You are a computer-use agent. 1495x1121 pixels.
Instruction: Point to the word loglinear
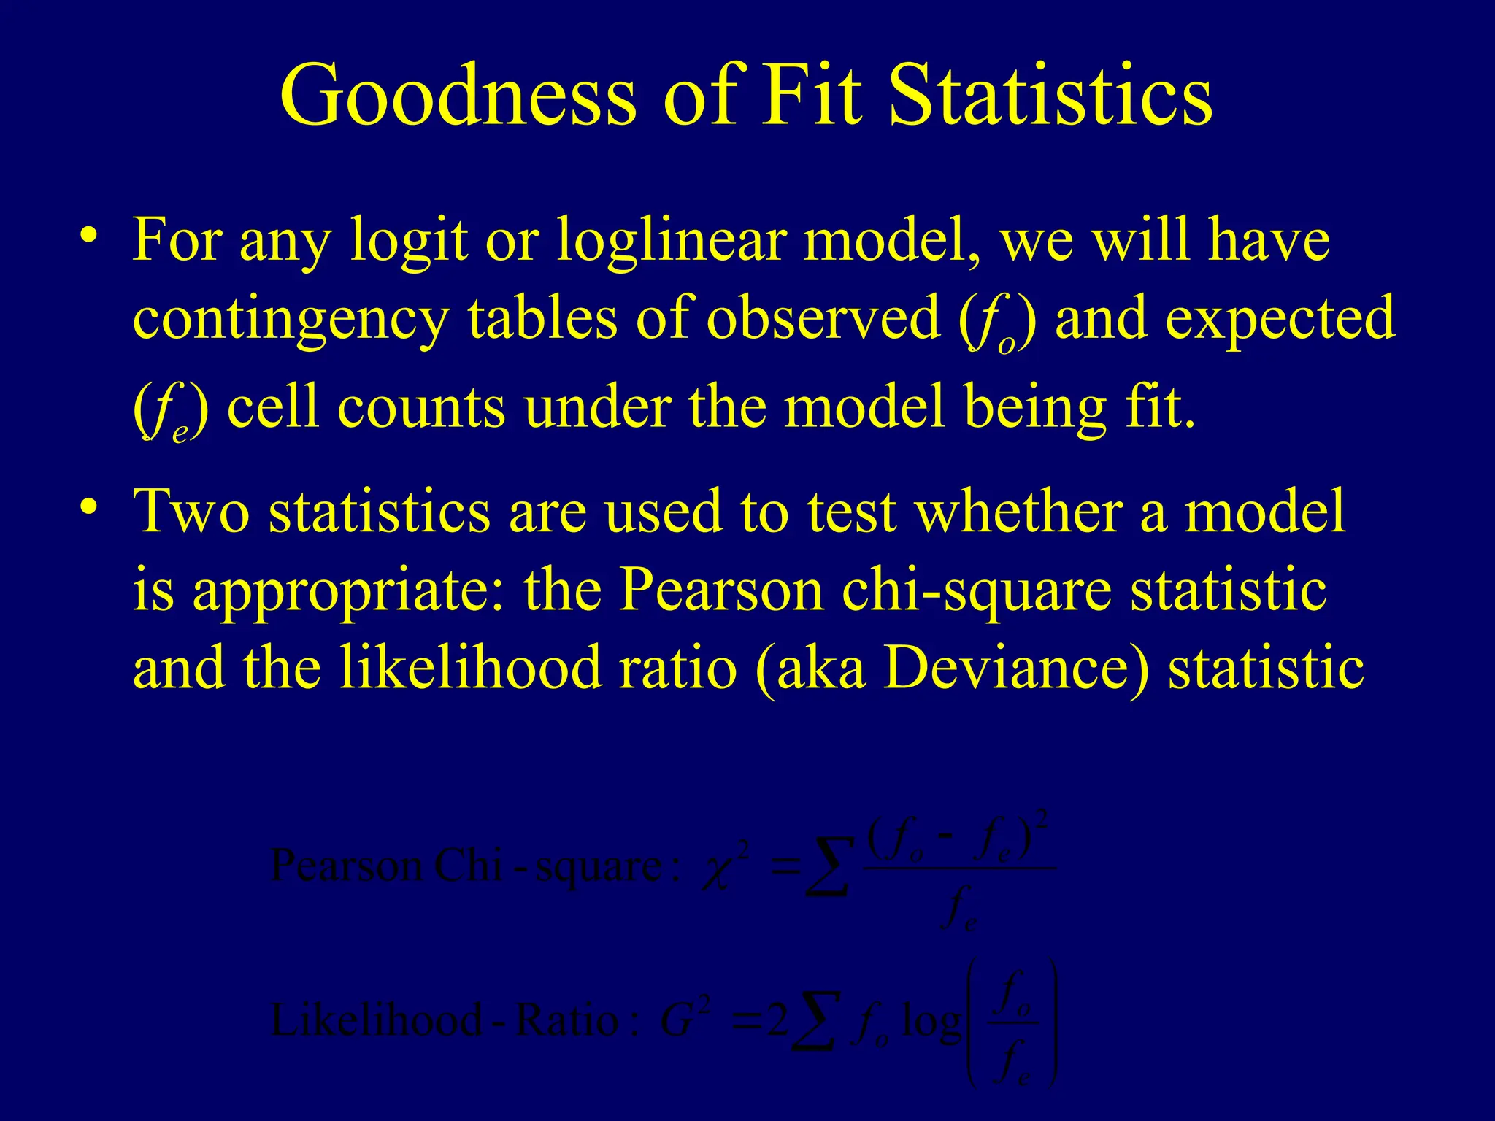[672, 241]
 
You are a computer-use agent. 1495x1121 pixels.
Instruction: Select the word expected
[1280, 321]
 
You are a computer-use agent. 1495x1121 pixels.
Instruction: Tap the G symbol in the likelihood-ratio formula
[676, 1021]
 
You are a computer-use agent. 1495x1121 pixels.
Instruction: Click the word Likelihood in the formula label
[376, 1020]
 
